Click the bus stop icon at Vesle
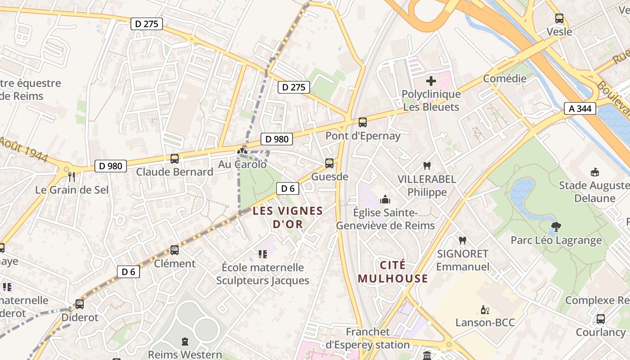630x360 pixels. pos(559,18)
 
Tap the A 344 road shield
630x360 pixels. pos(580,108)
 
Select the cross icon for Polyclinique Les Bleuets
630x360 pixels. pos(431,81)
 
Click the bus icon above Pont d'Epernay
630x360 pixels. pos(362,122)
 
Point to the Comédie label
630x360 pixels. pos(504,79)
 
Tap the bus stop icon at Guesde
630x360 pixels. pos(329,163)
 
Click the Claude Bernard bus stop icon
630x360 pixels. pos(174,159)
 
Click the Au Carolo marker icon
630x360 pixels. pos(243,152)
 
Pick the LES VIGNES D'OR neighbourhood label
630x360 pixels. pos(288,217)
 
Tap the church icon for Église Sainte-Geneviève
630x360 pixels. pos(385,199)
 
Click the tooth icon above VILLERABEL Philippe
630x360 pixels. pos(427,166)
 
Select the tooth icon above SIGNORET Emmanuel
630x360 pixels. pos(462,241)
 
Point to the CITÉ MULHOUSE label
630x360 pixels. pos(392,272)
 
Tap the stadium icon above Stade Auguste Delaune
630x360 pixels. pos(594,172)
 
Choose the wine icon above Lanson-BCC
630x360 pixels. pos(485,310)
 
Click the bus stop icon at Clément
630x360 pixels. pos(174,250)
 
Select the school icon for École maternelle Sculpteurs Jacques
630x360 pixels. pos(262,254)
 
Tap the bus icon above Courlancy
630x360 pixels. pos(600,319)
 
